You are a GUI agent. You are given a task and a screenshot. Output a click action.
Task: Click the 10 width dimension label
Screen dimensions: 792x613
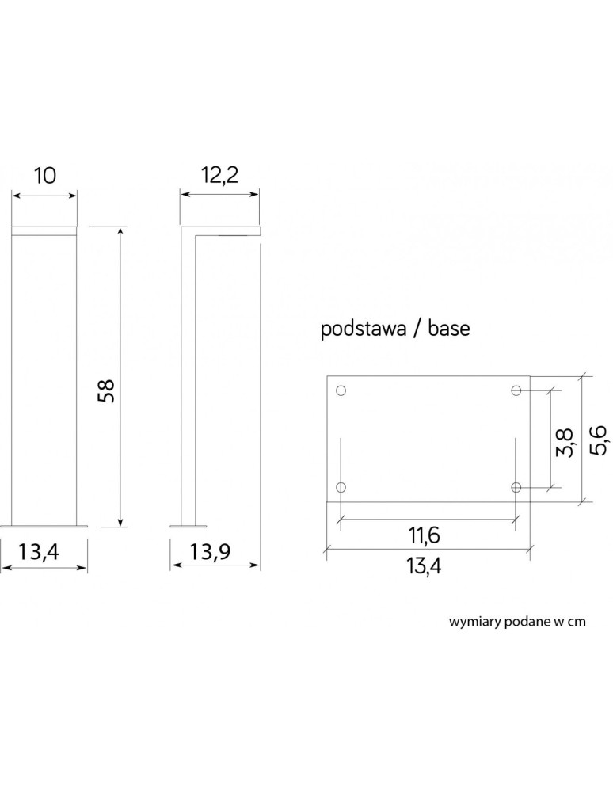pyautogui.click(x=45, y=176)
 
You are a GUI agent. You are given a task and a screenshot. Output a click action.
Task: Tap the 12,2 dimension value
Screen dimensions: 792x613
pyautogui.click(x=219, y=176)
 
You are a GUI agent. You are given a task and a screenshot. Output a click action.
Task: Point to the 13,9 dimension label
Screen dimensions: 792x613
pyautogui.click(x=215, y=552)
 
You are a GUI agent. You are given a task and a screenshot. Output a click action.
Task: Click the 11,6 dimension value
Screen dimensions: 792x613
pyautogui.click(x=425, y=535)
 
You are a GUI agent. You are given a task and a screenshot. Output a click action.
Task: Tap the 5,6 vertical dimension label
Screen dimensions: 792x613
pyautogui.click(x=599, y=439)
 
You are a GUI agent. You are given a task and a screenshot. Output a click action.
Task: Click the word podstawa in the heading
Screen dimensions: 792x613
pyautogui.click(x=362, y=329)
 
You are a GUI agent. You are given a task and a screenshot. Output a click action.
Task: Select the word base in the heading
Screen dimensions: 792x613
pyautogui.click(x=448, y=329)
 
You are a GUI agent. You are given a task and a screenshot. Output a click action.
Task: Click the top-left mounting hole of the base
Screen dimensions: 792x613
pyautogui.click(x=341, y=390)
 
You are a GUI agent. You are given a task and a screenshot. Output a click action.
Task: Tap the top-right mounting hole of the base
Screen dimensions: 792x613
pyautogui.click(x=516, y=390)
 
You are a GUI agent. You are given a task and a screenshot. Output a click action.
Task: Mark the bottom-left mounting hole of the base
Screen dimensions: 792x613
pyautogui.click(x=341, y=486)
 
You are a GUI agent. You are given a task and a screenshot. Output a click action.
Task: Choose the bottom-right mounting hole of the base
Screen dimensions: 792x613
pyautogui.click(x=516, y=486)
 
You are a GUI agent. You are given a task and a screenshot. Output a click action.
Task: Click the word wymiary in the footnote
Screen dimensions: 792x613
pyautogui.click(x=474, y=623)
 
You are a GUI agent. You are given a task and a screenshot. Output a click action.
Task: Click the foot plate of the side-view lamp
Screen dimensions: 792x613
pyautogui.click(x=188, y=524)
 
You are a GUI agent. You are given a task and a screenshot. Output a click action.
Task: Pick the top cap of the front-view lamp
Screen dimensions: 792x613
pyautogui.click(x=45, y=230)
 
